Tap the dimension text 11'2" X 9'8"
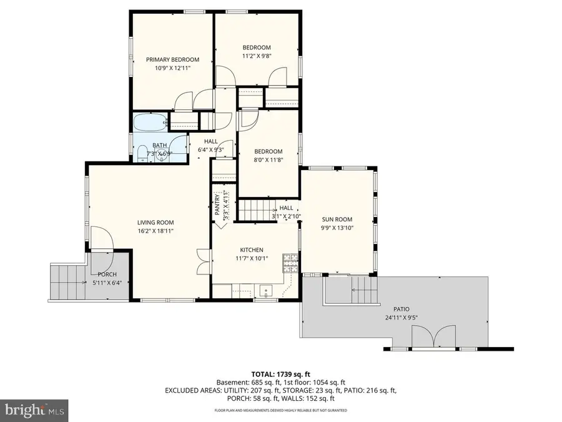pyautogui.click(x=257, y=56)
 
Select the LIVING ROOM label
pyautogui.click(x=155, y=222)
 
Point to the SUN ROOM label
pyautogui.click(x=337, y=219)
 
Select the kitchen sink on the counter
pyautogui.click(x=265, y=291)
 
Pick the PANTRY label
pyautogui.click(x=217, y=204)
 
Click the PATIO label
pyautogui.click(x=402, y=309)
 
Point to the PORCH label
pyautogui.click(x=107, y=274)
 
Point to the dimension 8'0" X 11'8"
pyautogui.click(x=269, y=159)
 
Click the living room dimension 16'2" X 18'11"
pyautogui.click(x=155, y=231)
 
